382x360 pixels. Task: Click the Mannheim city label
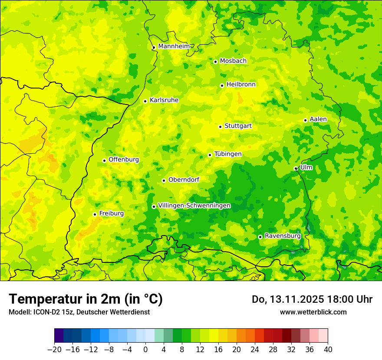pyautogui.click(x=174, y=46)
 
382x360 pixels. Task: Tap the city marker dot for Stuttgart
pyautogui.click(x=220, y=127)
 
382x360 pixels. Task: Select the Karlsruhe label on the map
pyautogui.click(x=164, y=100)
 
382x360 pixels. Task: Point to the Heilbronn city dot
pyautogui.click(x=222, y=85)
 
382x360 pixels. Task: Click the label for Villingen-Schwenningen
pyautogui.click(x=194, y=206)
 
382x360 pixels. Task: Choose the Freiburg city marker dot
pyautogui.click(x=95, y=214)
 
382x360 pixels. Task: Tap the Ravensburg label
pyautogui.click(x=282, y=236)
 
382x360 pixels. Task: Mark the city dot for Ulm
pyautogui.click(x=296, y=168)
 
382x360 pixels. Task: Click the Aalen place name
pyautogui.click(x=318, y=119)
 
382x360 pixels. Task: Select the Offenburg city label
pyautogui.click(x=124, y=160)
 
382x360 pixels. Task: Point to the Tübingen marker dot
pyautogui.click(x=210, y=155)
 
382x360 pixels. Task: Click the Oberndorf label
pyautogui.click(x=184, y=180)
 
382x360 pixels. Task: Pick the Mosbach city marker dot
pyautogui.click(x=215, y=62)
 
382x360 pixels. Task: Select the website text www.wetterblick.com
pyautogui.click(x=313, y=312)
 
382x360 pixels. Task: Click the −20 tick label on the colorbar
pyautogui.click(x=54, y=350)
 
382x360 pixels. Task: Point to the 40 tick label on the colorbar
pyautogui.click(x=328, y=350)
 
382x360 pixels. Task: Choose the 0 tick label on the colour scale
pyautogui.click(x=145, y=350)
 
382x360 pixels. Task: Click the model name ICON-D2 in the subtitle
pyautogui.click(x=45, y=312)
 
